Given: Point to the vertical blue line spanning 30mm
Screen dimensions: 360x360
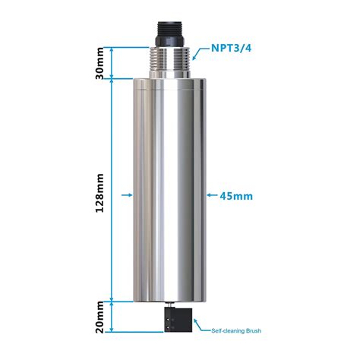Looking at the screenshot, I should pyautogui.click(x=113, y=62).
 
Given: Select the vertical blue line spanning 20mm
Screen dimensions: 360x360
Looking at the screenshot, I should pyautogui.click(x=113, y=317).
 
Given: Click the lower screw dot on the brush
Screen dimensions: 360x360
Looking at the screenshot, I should pyautogui.click(x=166, y=327).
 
